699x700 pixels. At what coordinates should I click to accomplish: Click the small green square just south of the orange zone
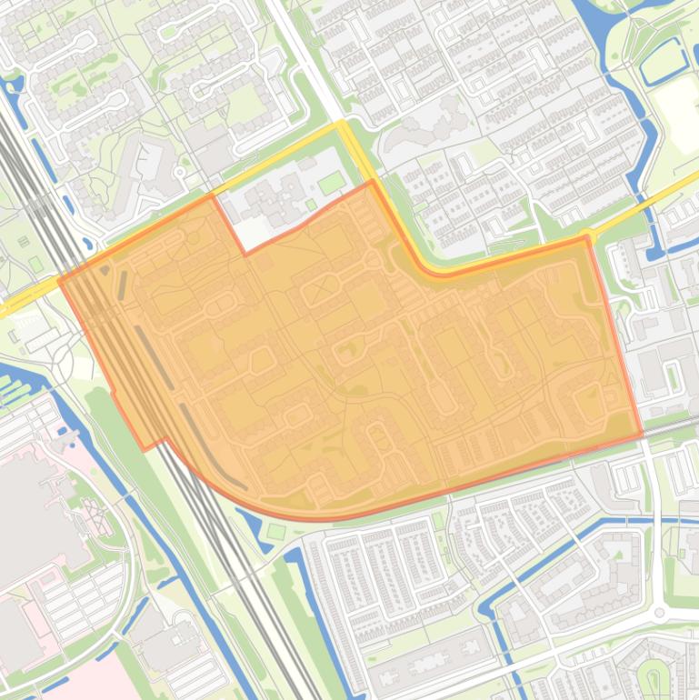[x=276, y=531]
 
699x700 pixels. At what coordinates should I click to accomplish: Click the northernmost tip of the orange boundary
[x=371, y=181]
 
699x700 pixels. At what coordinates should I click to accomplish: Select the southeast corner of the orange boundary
[x=643, y=435]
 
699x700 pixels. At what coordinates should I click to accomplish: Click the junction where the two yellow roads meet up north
[x=342, y=125]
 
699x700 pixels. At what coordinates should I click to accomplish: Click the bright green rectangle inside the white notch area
[x=331, y=182]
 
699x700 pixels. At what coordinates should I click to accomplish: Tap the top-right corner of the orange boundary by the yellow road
[x=588, y=238]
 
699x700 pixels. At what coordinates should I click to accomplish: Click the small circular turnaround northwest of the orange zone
[x=63, y=364]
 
